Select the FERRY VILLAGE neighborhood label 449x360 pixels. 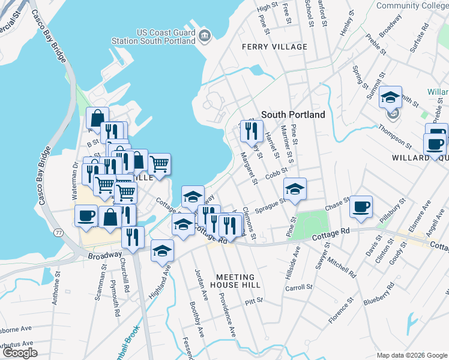(x=274, y=47)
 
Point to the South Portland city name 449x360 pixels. (x=293, y=115)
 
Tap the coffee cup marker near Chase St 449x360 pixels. (x=361, y=207)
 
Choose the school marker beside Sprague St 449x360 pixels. (x=295, y=189)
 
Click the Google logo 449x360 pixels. (x=20, y=353)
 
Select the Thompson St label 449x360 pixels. (x=395, y=137)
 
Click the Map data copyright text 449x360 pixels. (x=411, y=355)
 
